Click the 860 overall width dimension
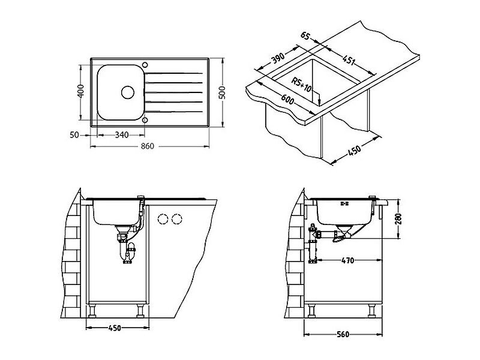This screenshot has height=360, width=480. pos(147,146)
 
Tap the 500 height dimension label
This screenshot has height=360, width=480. pos(222,92)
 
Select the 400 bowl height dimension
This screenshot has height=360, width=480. pos(80,91)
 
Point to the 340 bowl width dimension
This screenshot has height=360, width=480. pos(122,134)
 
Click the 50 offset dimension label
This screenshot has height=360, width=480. pos(74,134)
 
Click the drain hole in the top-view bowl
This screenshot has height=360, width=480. pos(128,92)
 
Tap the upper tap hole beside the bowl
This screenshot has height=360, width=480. pos(145,65)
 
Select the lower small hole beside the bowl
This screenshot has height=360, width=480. pos(145,119)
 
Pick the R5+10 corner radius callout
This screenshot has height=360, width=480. pos(301,85)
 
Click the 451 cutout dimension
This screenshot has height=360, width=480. pos(349,60)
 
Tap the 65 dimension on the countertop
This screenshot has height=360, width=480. pos(305,36)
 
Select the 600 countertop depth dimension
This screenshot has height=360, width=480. pos(287,100)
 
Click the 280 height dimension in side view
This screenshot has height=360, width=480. pos(398,218)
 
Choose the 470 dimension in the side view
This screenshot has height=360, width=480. pos(347,260)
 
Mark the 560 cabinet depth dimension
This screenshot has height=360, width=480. pos(343,334)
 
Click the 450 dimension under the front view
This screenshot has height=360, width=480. pos(115,328)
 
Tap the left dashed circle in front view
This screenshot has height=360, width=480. pos(163,219)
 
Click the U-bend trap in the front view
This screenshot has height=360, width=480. pos(127,251)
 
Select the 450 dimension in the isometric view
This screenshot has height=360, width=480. pos(355,151)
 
